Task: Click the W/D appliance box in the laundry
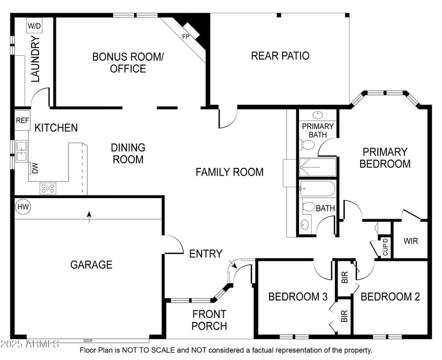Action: click(x=34, y=26)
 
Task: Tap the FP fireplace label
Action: click(x=186, y=36)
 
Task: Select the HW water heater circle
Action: click(x=23, y=207)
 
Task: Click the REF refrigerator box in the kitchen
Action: click(x=22, y=120)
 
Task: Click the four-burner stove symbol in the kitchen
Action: click(x=48, y=188)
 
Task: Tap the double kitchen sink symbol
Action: click(x=22, y=151)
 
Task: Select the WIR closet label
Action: click(x=411, y=241)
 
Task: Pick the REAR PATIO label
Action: click(x=280, y=56)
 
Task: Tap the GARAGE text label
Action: click(x=91, y=265)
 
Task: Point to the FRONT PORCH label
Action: click(x=209, y=320)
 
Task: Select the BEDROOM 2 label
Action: click(x=390, y=297)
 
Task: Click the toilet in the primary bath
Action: click(x=308, y=145)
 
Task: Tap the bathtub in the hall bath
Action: click(x=318, y=189)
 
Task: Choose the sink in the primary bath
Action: click(x=318, y=115)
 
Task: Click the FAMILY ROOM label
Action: click(x=229, y=172)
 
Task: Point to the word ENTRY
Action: click(x=205, y=254)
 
